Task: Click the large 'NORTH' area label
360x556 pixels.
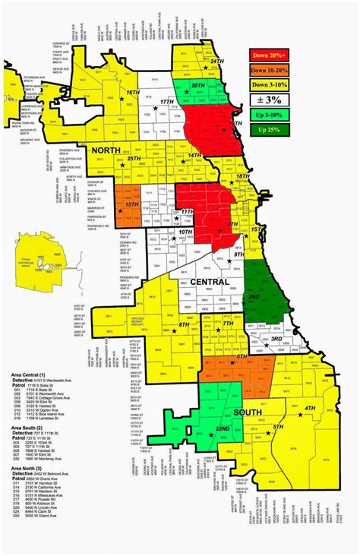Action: (x=107, y=151)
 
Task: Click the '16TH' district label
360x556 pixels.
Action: (x=134, y=92)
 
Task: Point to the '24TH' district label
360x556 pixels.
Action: (x=216, y=61)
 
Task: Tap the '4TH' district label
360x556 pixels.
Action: (x=309, y=409)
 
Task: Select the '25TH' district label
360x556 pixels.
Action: (x=134, y=159)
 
